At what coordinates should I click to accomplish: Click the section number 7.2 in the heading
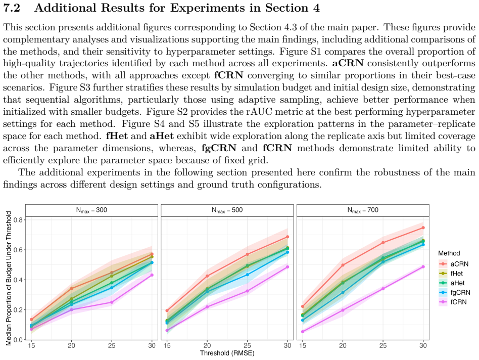pos(12,8)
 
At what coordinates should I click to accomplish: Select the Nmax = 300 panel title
pos(91,210)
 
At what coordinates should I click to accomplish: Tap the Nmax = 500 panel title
pos(227,210)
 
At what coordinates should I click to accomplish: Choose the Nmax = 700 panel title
pos(363,210)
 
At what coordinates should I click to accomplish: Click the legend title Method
pos(449,253)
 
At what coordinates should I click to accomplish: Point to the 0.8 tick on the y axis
pos(18,220)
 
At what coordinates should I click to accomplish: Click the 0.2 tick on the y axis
pos(18,310)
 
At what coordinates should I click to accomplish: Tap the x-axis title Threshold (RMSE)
pos(227,353)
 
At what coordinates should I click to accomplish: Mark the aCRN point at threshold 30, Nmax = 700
pos(423,228)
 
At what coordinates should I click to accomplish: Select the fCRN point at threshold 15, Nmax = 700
pos(303,332)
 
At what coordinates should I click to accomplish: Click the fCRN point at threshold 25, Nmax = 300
pos(112,302)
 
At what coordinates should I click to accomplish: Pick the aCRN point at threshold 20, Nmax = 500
pos(207,276)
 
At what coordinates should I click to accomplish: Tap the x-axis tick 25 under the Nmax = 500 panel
pos(248,346)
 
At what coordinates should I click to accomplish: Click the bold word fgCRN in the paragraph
pos(219,148)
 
